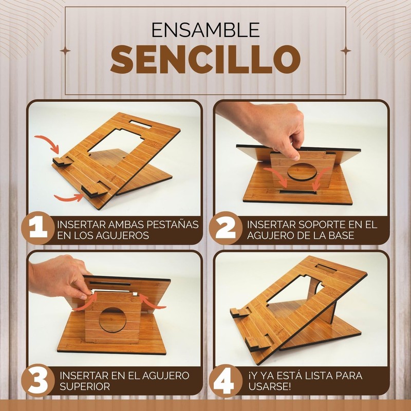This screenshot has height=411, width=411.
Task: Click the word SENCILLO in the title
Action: coord(206,59)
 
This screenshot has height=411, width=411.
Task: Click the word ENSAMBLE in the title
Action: coord(206,30)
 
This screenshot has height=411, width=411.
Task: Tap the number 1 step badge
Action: coord(38,228)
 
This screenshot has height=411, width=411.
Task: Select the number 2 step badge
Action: coord(226,228)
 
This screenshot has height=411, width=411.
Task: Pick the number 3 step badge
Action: coord(38,380)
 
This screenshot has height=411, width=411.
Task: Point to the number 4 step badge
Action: coord(226,380)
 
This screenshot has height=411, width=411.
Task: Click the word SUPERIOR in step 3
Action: coord(85,387)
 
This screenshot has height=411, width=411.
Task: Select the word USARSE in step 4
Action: coord(269,387)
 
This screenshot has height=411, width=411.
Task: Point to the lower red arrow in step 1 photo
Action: coord(69,198)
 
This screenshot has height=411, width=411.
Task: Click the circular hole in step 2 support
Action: coord(302,172)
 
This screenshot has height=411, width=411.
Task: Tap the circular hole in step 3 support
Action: coord(113,320)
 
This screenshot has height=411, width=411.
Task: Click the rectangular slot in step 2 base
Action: coord(298,192)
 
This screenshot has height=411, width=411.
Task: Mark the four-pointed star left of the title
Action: coord(65,50)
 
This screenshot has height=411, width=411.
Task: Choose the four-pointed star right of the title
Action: coord(346,50)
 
